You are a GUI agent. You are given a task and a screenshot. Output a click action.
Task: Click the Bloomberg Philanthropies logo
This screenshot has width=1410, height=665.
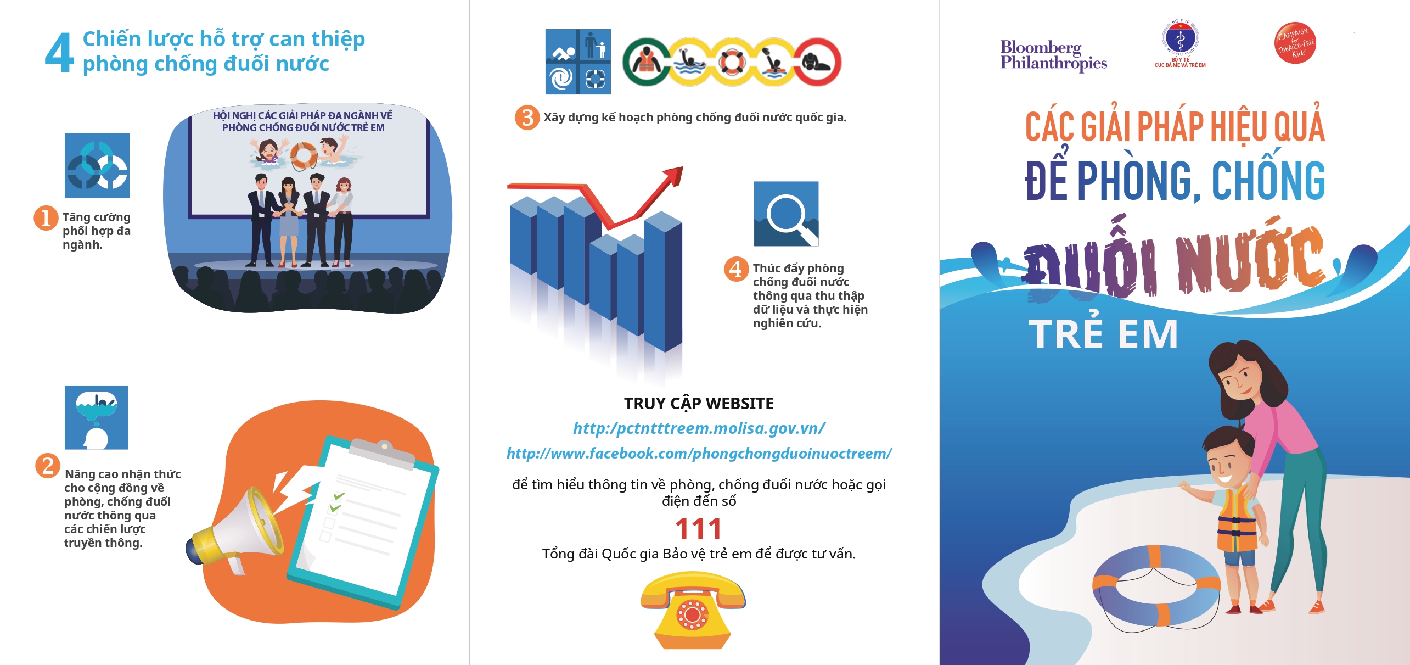point(1053,55)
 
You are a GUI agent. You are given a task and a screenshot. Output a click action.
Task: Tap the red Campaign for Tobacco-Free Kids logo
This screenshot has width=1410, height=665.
point(1295,43)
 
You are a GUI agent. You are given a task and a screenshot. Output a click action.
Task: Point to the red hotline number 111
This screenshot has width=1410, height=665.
point(698,529)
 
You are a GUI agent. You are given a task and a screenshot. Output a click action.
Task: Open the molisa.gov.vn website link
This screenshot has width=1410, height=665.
point(699,428)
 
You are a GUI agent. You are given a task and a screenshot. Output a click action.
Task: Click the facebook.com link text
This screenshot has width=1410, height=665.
point(699,454)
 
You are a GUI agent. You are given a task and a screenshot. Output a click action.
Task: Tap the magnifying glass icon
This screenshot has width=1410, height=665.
point(786,214)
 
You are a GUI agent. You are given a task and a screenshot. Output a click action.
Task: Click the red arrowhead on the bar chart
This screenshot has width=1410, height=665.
point(674,177)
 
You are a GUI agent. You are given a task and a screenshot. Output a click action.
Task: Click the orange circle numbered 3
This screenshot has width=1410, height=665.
point(527,117)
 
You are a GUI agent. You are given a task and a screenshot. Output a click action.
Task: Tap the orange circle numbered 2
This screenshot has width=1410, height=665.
point(48,466)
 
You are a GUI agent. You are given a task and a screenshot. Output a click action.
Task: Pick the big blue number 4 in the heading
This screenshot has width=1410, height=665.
point(59,53)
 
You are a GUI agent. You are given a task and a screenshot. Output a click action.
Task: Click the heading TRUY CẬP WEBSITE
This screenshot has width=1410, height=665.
point(699,404)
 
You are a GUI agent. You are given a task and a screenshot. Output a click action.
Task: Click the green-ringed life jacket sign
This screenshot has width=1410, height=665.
point(647,62)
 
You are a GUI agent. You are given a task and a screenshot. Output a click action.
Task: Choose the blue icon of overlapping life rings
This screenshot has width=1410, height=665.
point(97,165)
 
